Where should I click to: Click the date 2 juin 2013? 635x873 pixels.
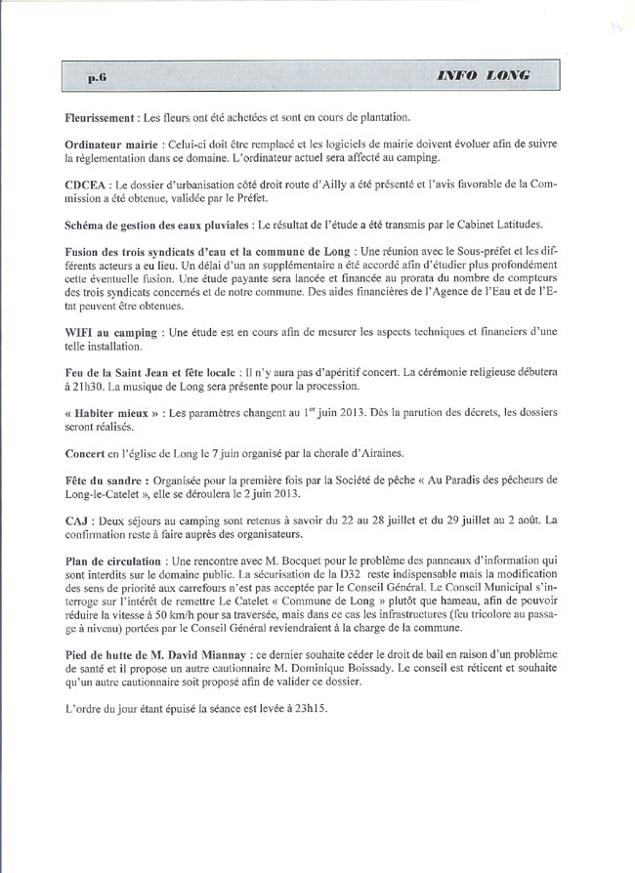pos(269,495)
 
